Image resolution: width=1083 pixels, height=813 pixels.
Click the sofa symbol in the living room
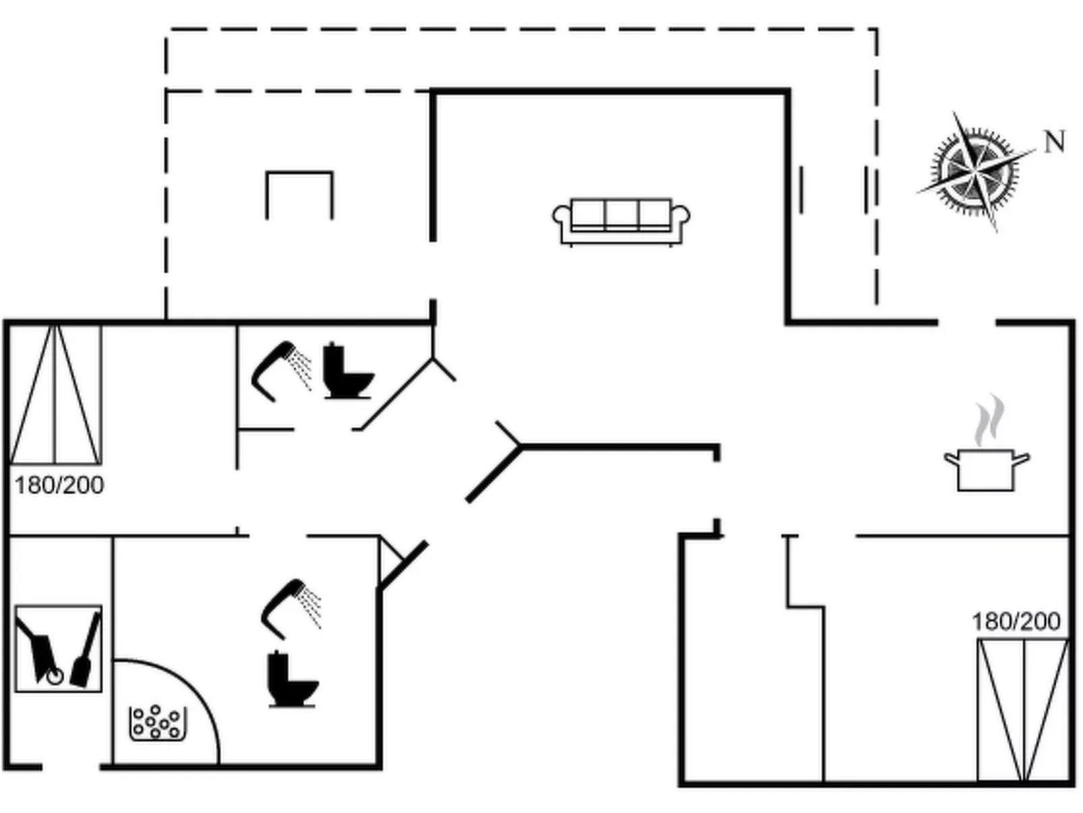pyautogui.click(x=620, y=221)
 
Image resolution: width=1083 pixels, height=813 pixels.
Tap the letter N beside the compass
pyautogui.click(x=1054, y=142)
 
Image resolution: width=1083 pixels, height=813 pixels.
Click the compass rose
pyautogui.click(x=975, y=171)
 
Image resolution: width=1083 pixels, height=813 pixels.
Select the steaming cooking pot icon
pyautogui.click(x=986, y=468)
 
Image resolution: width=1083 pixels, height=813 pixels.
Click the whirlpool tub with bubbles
pyautogui.click(x=157, y=723)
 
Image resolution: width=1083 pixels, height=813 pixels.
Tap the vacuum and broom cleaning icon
pyautogui.click(x=59, y=648)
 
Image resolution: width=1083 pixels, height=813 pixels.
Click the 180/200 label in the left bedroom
pyautogui.click(x=59, y=485)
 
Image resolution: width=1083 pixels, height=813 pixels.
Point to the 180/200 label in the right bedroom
pyautogui.click(x=1016, y=621)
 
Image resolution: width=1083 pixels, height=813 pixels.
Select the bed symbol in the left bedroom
pyautogui.click(x=56, y=395)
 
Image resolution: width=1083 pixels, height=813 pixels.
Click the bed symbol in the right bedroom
pyautogui.click(x=1023, y=710)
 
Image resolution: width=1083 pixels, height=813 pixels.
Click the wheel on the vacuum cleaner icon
pyautogui.click(x=55, y=675)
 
